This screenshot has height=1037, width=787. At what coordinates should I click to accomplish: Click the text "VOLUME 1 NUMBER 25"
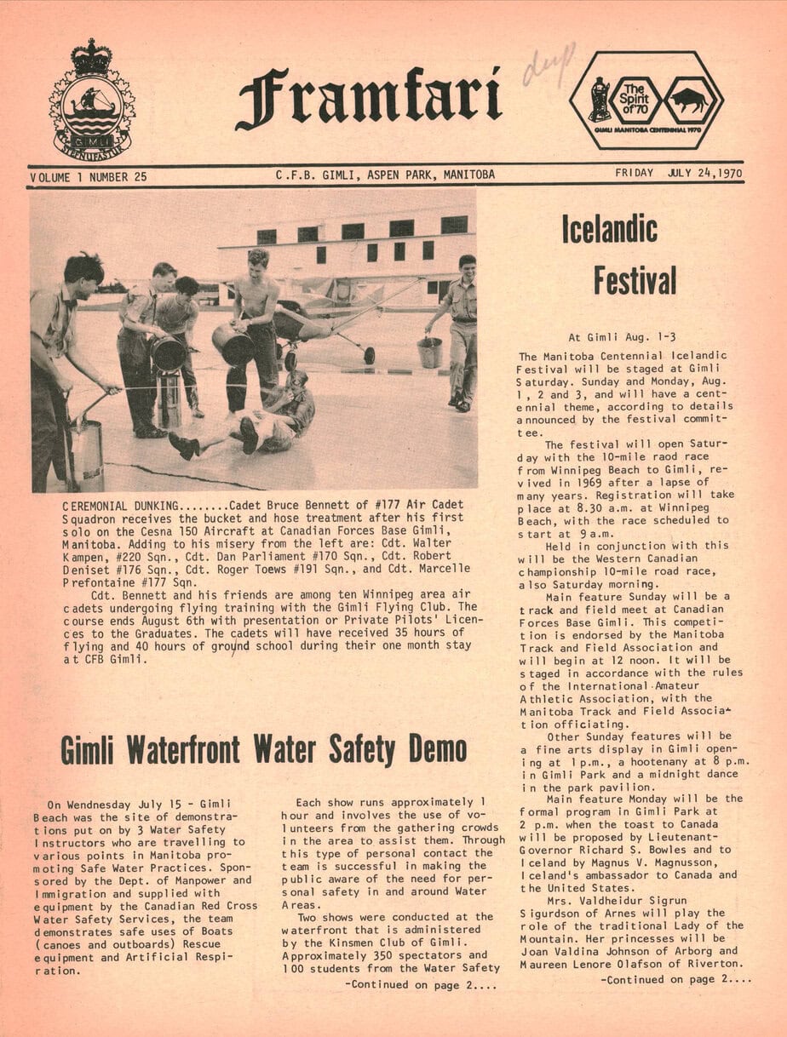[x=89, y=176]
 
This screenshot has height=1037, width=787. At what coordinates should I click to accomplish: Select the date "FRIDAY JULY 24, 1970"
[x=678, y=174]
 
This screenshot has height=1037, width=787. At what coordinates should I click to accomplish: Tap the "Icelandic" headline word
[x=609, y=229]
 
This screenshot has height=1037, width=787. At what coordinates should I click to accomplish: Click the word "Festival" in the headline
[x=635, y=279]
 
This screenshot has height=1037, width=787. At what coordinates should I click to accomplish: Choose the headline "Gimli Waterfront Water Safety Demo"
[x=263, y=749]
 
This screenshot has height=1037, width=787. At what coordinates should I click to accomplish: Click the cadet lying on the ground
[x=256, y=421]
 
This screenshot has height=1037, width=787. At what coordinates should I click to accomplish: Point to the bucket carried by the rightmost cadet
[x=430, y=352]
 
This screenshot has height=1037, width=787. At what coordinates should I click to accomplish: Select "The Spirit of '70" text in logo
[x=635, y=100]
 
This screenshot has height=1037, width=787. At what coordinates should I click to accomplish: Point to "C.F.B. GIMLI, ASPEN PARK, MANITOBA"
[x=385, y=175]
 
